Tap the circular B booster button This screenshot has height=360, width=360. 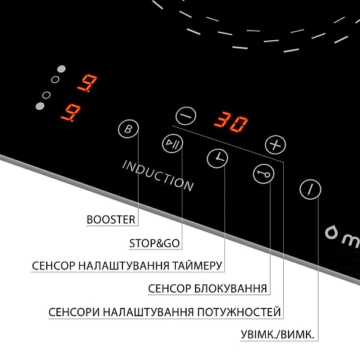click(128, 129)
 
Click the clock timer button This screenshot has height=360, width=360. click(217, 158)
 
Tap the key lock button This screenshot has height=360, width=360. click(263, 174)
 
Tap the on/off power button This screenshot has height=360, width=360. click(310, 190)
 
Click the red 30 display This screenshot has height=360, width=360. click(231, 122)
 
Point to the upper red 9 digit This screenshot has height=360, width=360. click(87, 83)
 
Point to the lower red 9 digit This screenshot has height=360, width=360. click(71, 113)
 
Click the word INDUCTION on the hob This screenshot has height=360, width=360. click(158, 176)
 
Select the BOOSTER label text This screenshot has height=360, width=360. click(111, 220)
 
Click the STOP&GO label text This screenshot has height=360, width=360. click(155, 244)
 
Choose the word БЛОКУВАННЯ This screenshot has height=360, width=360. click(231, 289)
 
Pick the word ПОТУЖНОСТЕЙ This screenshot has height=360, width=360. click(239, 312)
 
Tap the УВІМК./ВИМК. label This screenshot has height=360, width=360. click(277, 335)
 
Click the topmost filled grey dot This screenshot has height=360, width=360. click(61, 69)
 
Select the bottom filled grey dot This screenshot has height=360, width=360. click(40, 106)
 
